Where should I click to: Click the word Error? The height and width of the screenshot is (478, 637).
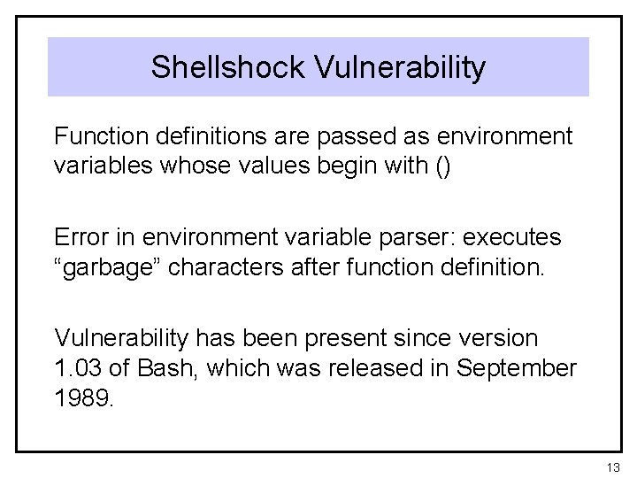80,238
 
